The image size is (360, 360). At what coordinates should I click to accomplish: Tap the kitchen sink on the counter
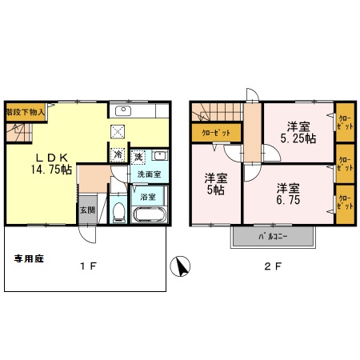coord(125,111)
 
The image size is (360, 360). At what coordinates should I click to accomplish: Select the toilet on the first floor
coord(118,212)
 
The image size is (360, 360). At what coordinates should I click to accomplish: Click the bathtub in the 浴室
coord(149,214)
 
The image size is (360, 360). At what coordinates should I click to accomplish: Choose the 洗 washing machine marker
coord(138,155)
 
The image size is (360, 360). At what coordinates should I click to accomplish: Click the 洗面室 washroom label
coord(149,174)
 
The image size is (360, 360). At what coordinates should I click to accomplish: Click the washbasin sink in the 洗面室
coord(159,155)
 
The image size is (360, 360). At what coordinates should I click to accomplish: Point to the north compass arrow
coord(182,266)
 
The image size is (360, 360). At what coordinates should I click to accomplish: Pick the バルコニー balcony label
coord(273,237)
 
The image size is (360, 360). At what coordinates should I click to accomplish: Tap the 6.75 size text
coord(289,202)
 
